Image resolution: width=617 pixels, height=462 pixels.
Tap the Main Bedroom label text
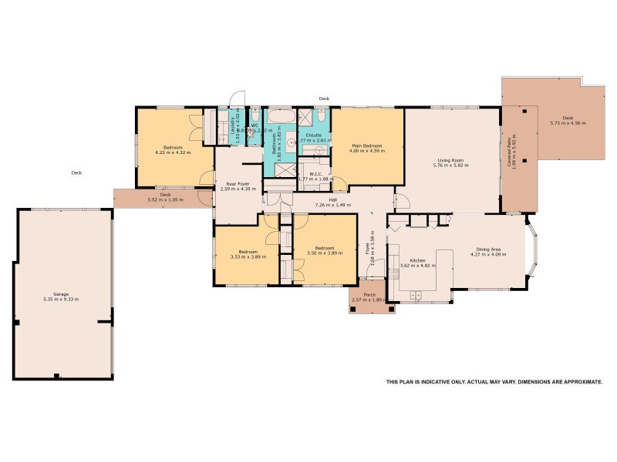(x=367, y=146)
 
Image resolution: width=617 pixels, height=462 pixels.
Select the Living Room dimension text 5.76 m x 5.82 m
(x=452, y=166)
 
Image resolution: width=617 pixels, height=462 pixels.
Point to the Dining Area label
(x=491, y=249)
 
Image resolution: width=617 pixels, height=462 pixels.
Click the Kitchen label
(x=418, y=261)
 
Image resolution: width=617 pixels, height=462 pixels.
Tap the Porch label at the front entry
(x=369, y=295)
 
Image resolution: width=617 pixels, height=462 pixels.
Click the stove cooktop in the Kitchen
(x=394, y=273)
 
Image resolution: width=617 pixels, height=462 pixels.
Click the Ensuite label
(x=315, y=136)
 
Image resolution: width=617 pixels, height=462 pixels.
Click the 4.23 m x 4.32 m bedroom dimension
(x=173, y=152)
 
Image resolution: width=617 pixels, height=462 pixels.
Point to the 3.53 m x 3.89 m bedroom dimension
(x=248, y=256)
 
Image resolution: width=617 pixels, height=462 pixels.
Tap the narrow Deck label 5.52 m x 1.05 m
(x=165, y=199)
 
